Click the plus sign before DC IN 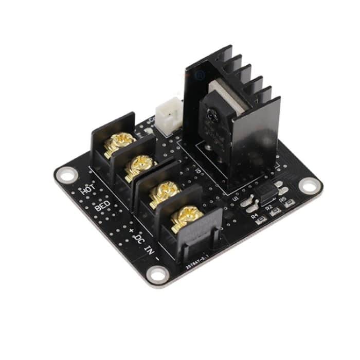click(131, 230)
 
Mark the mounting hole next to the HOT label click(66, 175)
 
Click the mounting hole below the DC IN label click(157, 275)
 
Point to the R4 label click(255, 217)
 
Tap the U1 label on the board click(237, 197)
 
